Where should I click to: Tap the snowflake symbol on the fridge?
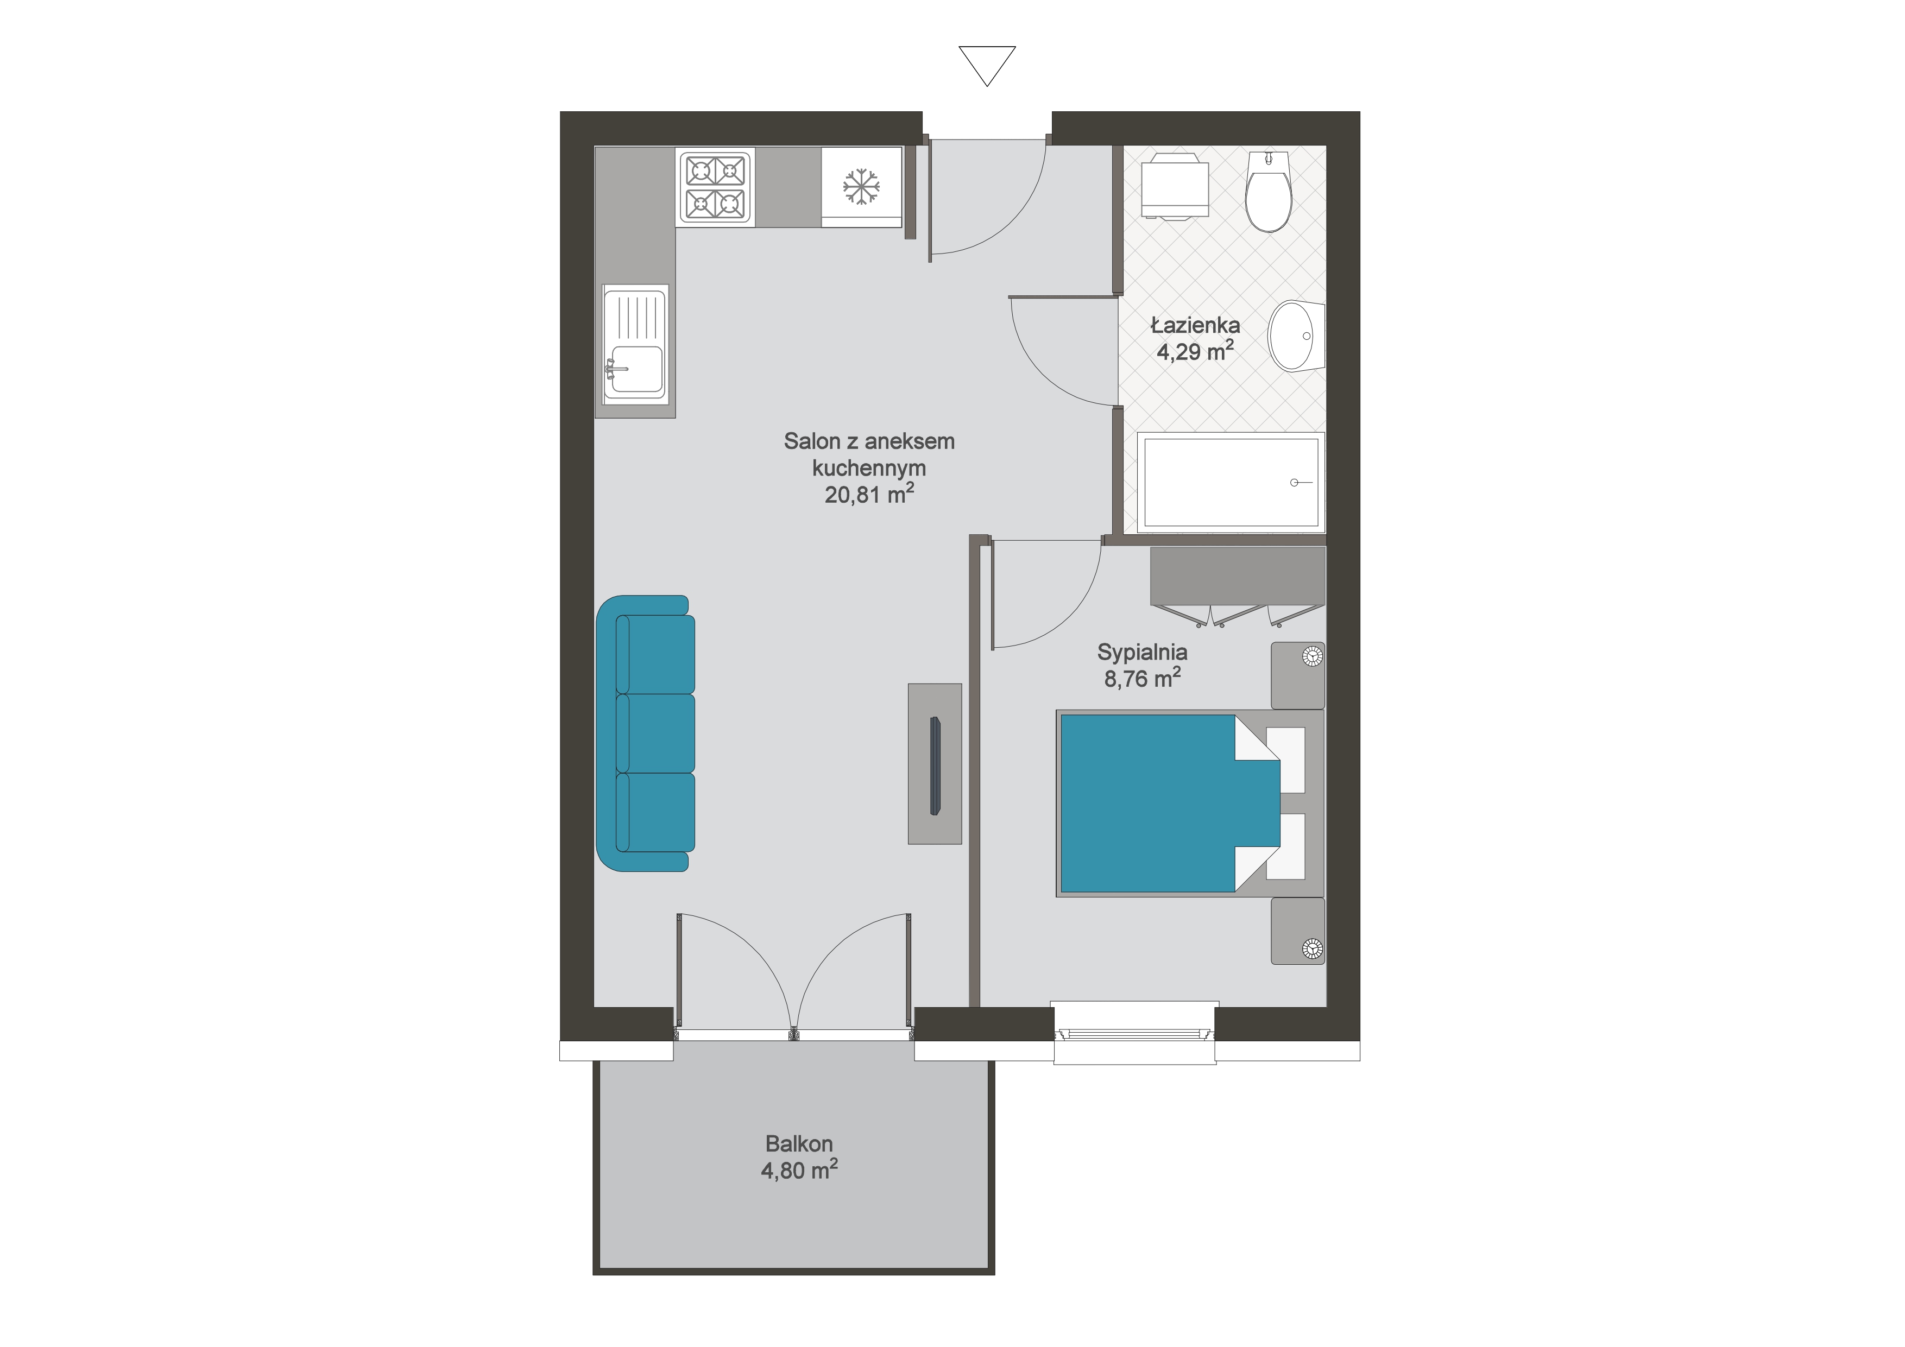(x=861, y=187)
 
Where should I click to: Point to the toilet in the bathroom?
(x=1269, y=191)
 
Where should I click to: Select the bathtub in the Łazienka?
(x=1231, y=483)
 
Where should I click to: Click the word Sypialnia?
(x=1141, y=653)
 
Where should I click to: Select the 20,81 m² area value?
(x=869, y=495)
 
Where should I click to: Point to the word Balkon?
(x=799, y=1144)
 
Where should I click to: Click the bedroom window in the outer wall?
(x=1134, y=1033)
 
